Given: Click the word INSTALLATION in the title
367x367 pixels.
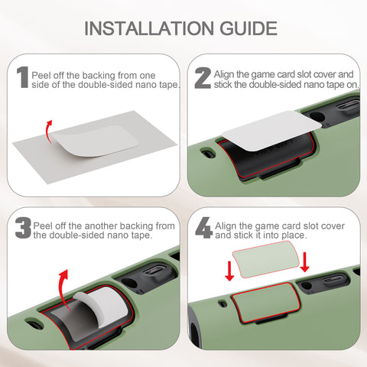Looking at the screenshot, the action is coord(149,28).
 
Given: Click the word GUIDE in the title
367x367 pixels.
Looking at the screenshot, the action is coord(248,28).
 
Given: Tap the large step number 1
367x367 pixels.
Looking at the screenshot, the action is coord(23,77).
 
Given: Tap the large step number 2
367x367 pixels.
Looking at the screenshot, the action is coord(203,78).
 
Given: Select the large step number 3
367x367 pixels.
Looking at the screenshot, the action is coord(23,228).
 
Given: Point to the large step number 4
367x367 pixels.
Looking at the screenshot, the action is coord(204,228).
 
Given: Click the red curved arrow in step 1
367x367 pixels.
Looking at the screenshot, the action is coord(48,132).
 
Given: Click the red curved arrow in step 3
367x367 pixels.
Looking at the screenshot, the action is coord(63,289).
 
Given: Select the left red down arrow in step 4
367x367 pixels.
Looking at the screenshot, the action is coord(229,271).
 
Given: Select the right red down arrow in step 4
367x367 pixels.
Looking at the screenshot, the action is coord(304,262).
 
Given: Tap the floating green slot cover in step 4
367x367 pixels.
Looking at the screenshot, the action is coord(266,259).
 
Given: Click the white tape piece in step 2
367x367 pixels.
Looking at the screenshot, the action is coord(271,130).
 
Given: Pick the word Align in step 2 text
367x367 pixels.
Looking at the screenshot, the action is coord(224,75).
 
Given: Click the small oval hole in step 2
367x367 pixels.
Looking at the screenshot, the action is coord(208,154).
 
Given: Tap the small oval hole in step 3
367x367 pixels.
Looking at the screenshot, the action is coord(34,324).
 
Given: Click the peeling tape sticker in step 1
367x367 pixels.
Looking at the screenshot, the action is coord(96,141).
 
